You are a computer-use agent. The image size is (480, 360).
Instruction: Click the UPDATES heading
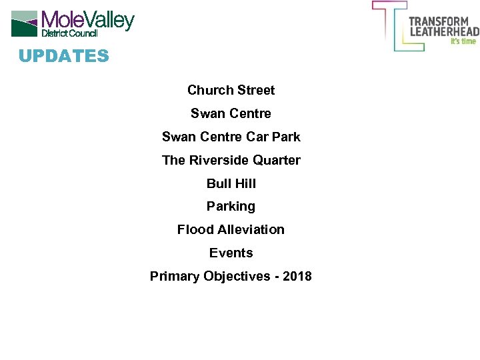pyautogui.click(x=63, y=56)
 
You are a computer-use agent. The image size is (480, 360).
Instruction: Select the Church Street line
pyautogui.click(x=231, y=90)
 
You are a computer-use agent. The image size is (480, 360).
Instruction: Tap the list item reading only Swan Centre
pyautogui.click(x=231, y=113)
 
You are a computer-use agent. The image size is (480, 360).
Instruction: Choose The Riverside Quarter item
pyautogui.click(x=231, y=160)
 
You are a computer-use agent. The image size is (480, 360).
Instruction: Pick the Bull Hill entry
pyautogui.click(x=231, y=183)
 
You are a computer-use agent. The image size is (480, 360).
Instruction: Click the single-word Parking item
pyautogui.click(x=231, y=207)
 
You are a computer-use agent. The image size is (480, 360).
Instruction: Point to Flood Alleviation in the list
pyautogui.click(x=231, y=230)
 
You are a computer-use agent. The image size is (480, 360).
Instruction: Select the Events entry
pyautogui.click(x=231, y=253)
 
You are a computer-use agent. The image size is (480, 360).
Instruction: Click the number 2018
pyautogui.click(x=297, y=276)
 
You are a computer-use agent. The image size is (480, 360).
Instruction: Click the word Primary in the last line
pyautogui.click(x=174, y=276)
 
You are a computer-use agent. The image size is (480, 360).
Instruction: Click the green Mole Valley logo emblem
pyautogui.click(x=25, y=23)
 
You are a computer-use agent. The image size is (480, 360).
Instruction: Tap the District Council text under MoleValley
pyautogui.click(x=70, y=33)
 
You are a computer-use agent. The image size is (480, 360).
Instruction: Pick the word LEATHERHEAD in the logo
pyautogui.click(x=443, y=31)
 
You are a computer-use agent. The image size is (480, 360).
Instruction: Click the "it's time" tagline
pyautogui.click(x=464, y=41)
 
